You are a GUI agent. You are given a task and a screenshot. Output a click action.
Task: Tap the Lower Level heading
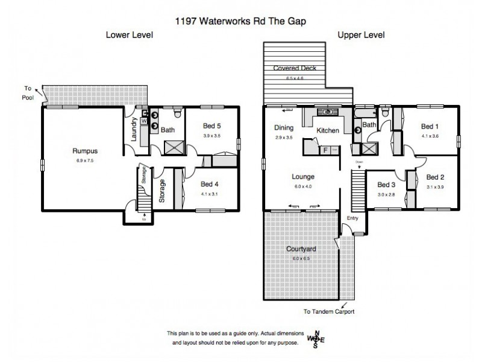(x=130, y=35)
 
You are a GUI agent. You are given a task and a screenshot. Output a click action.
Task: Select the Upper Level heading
(x=361, y=35)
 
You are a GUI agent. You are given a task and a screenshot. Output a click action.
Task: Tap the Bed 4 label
(x=210, y=184)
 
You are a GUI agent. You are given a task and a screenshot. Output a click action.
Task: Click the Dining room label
(x=283, y=128)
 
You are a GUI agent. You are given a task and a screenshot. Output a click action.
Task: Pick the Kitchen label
(x=328, y=130)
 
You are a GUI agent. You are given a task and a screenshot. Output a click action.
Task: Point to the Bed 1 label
(x=429, y=126)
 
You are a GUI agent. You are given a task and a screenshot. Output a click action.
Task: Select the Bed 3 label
(x=386, y=185)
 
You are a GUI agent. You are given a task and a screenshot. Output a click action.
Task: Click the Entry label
(x=353, y=218)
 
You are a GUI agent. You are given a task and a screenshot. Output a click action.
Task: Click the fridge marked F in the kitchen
(x=325, y=149)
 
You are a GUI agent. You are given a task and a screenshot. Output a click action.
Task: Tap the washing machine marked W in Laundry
(x=143, y=121)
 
